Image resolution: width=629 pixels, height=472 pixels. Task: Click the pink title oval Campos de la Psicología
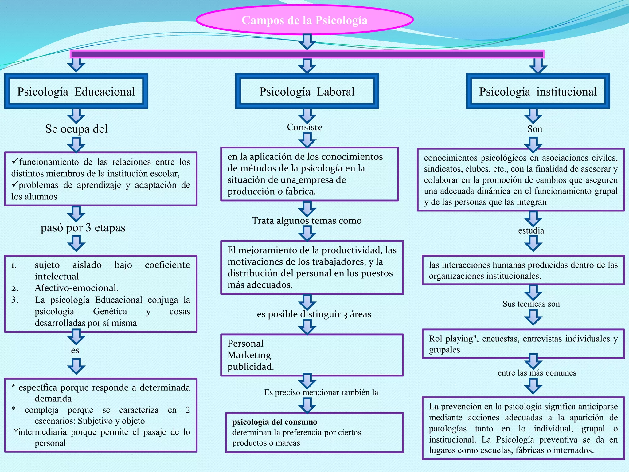304,20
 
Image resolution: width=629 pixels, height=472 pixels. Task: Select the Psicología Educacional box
76,91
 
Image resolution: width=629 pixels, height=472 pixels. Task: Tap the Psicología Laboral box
307,91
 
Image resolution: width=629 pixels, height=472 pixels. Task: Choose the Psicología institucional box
538,91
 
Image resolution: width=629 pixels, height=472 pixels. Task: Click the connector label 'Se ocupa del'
76,129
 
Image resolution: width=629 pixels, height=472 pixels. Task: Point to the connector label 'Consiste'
305,127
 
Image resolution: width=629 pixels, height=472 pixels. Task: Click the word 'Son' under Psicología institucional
535,129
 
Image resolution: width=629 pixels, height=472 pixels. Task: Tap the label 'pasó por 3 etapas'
83,228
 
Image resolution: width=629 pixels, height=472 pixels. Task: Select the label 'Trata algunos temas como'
307,220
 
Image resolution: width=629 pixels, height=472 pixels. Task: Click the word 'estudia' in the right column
531,230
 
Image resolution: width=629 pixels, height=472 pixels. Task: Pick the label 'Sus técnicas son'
531,304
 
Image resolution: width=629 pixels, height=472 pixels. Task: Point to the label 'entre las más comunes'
537,373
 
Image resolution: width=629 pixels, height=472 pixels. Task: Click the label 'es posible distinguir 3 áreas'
314,314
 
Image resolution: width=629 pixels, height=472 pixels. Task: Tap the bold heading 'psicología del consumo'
275,422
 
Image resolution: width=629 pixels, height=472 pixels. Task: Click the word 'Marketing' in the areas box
249,355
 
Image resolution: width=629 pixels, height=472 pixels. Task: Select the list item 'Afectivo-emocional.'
76,288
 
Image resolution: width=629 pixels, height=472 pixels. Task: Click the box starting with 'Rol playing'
523,344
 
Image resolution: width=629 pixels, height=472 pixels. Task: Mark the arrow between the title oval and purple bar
307,41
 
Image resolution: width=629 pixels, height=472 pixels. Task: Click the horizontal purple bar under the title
307,54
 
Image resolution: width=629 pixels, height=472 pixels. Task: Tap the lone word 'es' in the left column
75,350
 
